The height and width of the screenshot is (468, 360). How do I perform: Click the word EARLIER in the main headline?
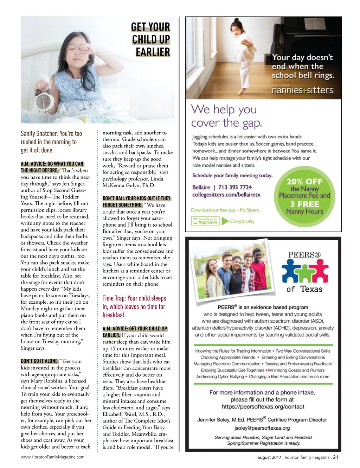point(153,52)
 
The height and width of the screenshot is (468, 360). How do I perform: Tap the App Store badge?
point(205,221)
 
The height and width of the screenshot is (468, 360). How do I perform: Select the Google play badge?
point(239,221)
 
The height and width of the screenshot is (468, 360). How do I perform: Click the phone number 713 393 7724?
point(235,187)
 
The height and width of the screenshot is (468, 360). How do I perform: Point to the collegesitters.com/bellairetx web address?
point(226,195)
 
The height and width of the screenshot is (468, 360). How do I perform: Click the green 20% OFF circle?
point(304,196)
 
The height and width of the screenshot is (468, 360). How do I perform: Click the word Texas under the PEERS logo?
point(311,289)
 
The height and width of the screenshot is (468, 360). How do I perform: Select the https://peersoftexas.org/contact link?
point(263,407)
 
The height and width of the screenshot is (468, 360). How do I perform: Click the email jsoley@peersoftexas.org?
point(262,428)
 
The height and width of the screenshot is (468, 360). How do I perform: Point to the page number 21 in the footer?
point(336,457)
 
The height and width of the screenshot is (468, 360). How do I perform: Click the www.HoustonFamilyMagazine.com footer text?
point(52,457)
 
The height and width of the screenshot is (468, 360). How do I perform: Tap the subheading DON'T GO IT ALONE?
point(39,361)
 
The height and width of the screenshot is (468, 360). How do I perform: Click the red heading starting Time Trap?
point(134,306)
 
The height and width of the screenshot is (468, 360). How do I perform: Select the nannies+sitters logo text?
point(302,90)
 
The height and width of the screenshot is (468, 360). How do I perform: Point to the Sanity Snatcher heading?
point(51,142)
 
